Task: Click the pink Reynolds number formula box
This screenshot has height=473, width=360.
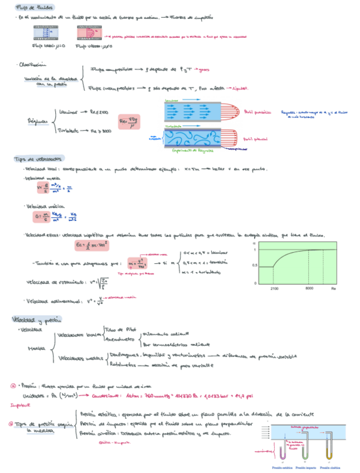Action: [x=129, y=120]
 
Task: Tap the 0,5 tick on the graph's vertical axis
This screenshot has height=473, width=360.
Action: [x=255, y=266]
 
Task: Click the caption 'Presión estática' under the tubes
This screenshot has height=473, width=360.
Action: [x=282, y=467]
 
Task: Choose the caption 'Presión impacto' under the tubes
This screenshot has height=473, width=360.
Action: [x=306, y=467]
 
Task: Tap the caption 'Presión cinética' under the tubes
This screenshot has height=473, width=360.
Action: [x=329, y=467]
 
